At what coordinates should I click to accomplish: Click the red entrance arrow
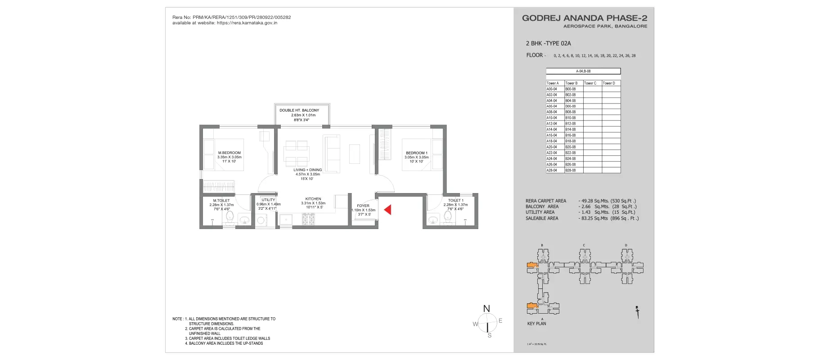click(387, 210)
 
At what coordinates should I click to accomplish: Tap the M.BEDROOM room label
click(229, 153)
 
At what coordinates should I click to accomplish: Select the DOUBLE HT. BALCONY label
click(299, 110)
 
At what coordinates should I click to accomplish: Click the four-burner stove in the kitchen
click(308, 220)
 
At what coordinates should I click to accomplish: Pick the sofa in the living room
click(332, 153)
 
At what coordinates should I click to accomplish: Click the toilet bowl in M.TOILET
click(229, 218)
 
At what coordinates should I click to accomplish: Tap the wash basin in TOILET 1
click(433, 220)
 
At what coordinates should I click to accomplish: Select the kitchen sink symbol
click(285, 220)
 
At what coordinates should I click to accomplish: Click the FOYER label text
click(363, 206)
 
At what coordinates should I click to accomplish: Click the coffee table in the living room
click(355, 153)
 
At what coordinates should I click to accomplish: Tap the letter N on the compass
click(486, 309)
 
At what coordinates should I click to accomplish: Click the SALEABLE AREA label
click(542, 218)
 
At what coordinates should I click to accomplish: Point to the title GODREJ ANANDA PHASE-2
click(584, 18)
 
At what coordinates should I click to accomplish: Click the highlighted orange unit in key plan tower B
click(532, 265)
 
